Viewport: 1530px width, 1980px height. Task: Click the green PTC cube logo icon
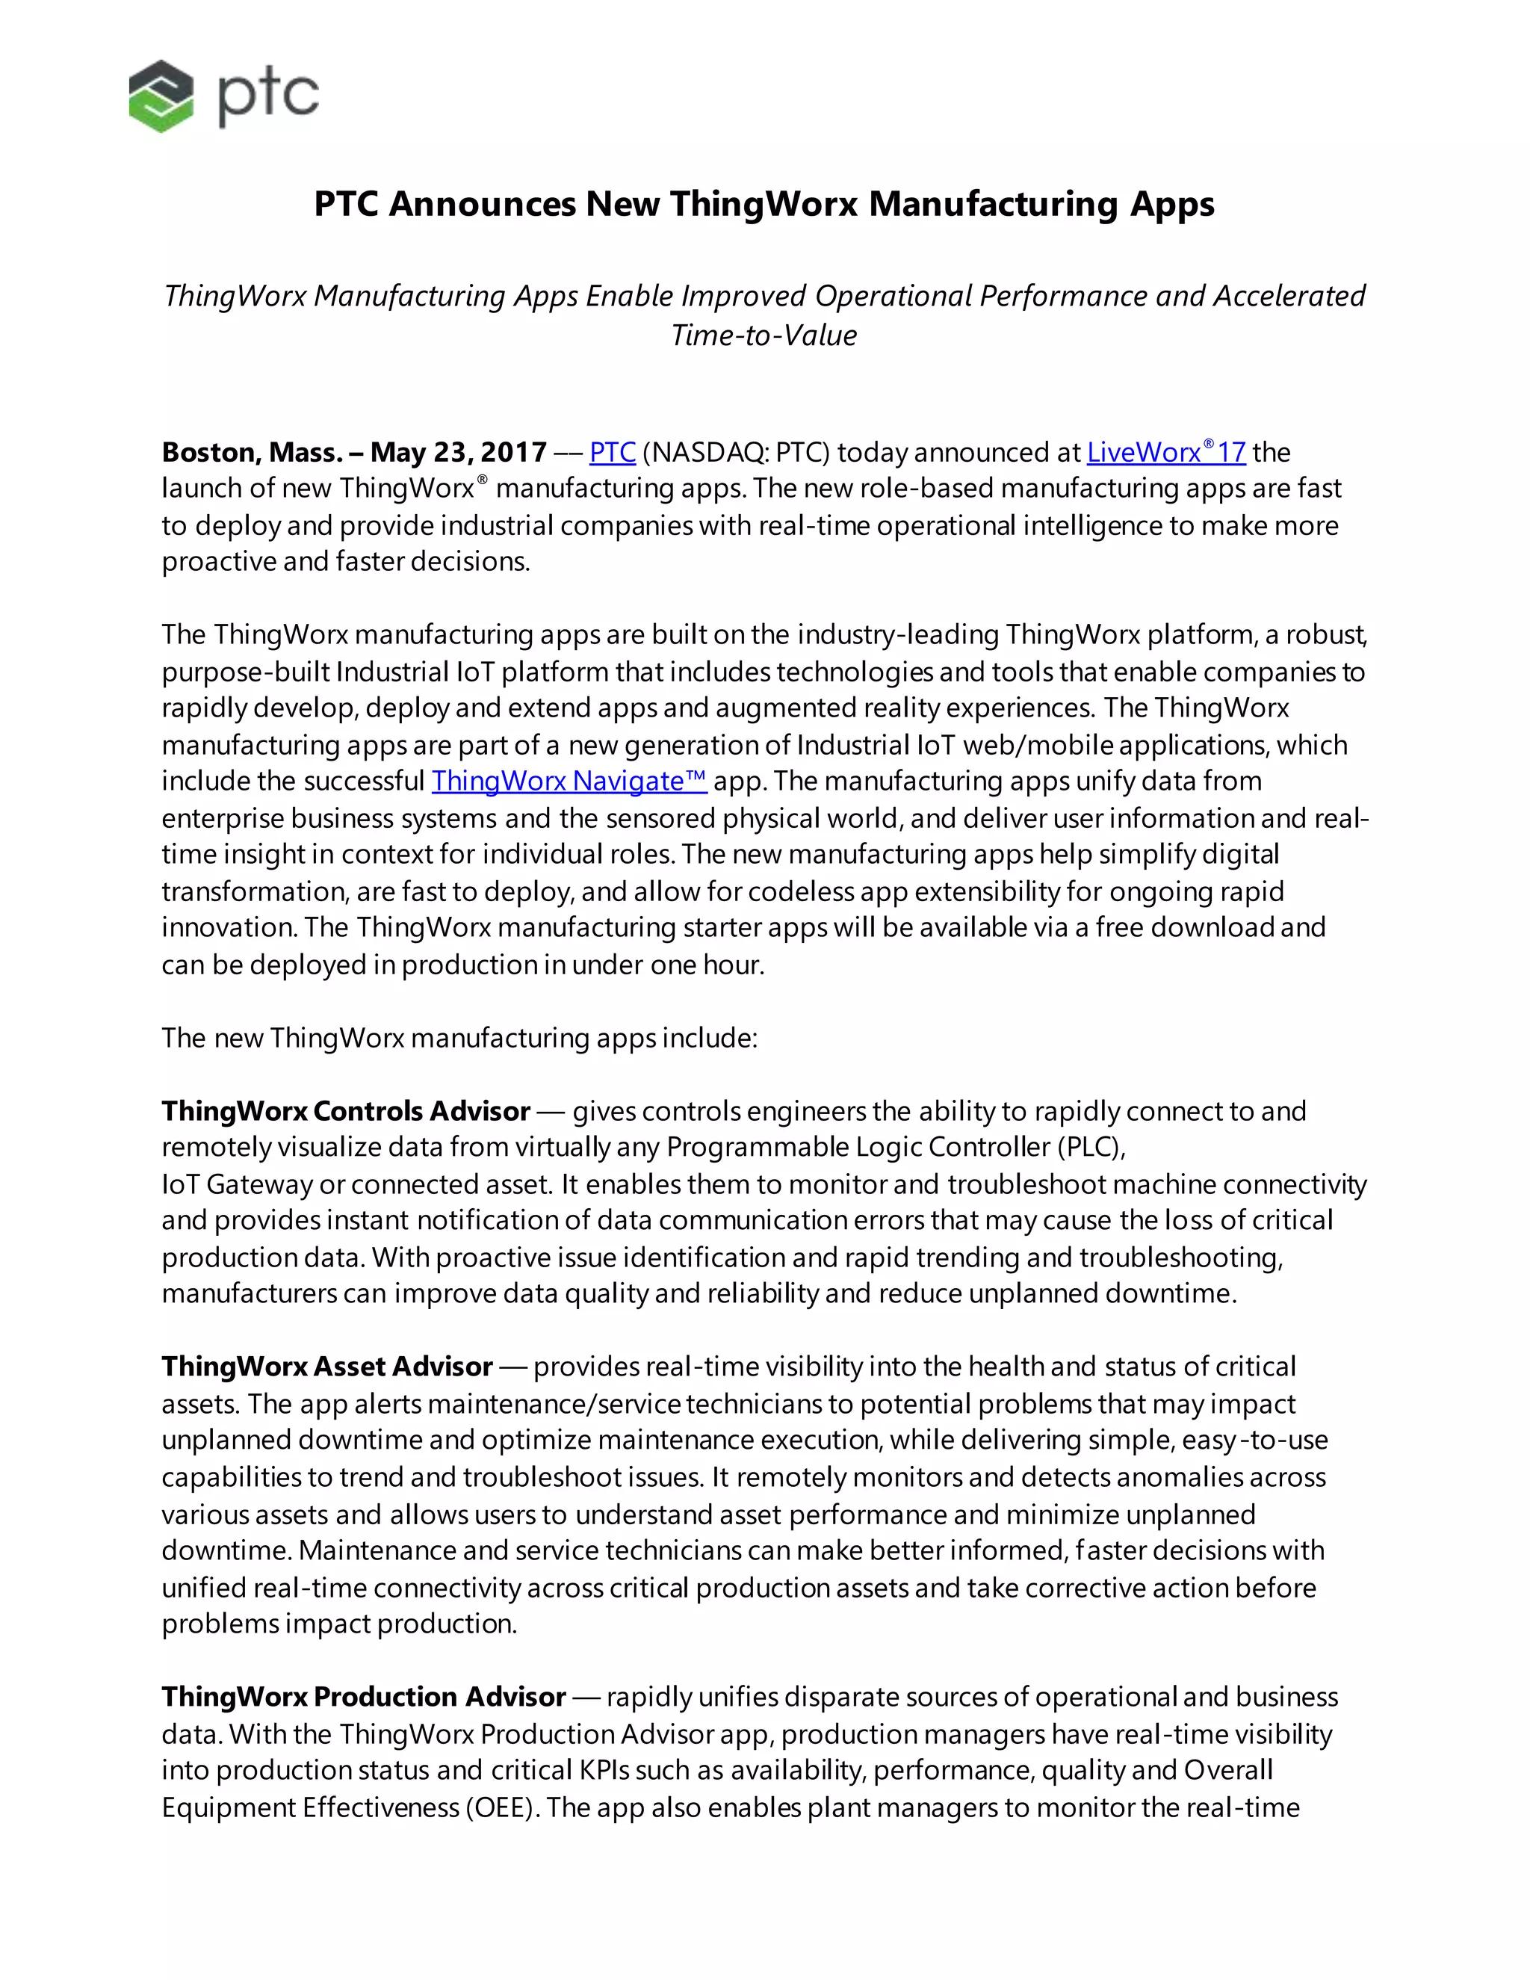coord(161,96)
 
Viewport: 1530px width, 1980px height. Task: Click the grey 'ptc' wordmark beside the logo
coord(268,97)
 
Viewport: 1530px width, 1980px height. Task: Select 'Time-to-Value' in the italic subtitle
coord(764,335)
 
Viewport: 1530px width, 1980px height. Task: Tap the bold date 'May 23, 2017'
coord(458,451)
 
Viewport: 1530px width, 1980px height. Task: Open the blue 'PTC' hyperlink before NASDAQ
coord(612,451)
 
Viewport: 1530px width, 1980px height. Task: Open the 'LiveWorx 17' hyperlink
coord(1165,451)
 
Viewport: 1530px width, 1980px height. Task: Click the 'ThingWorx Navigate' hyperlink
coord(569,781)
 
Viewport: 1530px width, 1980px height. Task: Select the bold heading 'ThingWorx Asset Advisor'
coord(326,1367)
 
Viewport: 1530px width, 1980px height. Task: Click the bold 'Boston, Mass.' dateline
coord(251,451)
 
